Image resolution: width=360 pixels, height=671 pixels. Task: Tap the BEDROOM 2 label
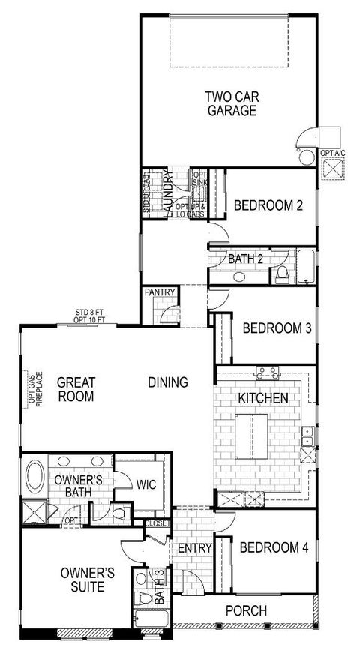pyautogui.click(x=268, y=204)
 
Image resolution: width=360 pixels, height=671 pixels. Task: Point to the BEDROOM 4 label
pyautogui.click(x=274, y=547)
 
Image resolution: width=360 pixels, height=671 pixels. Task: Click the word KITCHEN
pyautogui.click(x=263, y=397)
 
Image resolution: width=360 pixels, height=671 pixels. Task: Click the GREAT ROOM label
pyautogui.click(x=76, y=389)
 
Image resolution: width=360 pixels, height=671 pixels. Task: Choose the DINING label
pyautogui.click(x=167, y=382)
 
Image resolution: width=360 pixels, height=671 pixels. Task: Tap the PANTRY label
pyautogui.click(x=160, y=292)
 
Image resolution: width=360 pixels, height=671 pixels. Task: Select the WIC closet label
pyautogui.click(x=145, y=484)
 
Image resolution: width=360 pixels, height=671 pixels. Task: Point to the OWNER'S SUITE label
pyautogui.click(x=88, y=580)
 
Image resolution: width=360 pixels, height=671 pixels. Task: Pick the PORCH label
pyautogui.click(x=245, y=611)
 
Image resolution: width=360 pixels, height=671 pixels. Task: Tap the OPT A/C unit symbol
pyautogui.click(x=333, y=169)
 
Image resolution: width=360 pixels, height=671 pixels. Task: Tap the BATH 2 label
pyautogui.click(x=244, y=259)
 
